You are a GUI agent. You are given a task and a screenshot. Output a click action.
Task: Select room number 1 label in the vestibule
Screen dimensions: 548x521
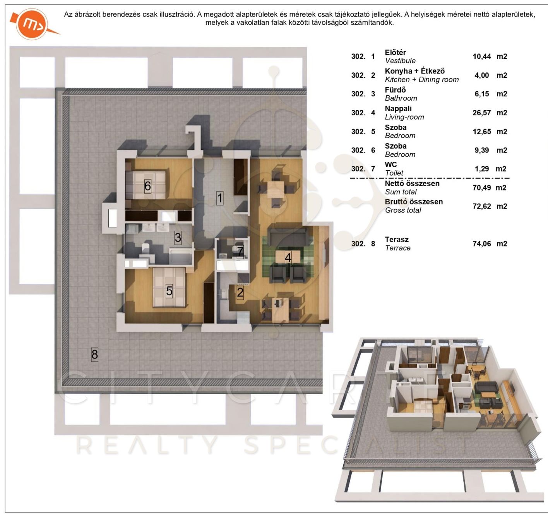(x=220, y=198)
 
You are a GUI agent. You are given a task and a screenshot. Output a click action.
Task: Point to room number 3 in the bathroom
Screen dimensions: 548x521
(x=178, y=238)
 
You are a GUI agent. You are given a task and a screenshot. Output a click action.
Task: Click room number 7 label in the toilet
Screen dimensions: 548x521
(x=240, y=252)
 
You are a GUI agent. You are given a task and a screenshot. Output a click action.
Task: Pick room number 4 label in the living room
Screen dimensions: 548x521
(x=288, y=257)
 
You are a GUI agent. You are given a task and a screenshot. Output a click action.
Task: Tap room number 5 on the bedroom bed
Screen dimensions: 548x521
(x=169, y=291)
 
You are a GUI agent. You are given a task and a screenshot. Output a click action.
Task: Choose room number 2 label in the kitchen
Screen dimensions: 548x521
(x=240, y=292)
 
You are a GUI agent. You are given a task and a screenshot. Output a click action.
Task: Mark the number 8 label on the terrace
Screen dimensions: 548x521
(x=95, y=355)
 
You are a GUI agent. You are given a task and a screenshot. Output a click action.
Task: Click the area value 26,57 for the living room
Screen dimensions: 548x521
(x=482, y=113)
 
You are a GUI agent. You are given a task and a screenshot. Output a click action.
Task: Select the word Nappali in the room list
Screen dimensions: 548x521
(x=398, y=108)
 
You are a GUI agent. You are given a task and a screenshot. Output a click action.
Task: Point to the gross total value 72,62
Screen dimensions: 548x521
(x=482, y=206)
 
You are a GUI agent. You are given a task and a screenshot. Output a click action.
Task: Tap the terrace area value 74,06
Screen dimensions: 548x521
(x=482, y=244)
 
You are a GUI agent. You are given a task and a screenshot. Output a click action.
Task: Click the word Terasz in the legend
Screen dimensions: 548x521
(x=397, y=240)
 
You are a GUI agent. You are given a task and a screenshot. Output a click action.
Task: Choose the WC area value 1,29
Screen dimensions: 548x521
(x=482, y=169)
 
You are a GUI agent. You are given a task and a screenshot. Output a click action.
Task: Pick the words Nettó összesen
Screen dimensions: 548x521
(x=412, y=183)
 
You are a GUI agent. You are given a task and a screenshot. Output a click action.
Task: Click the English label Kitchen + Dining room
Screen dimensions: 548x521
(x=422, y=79)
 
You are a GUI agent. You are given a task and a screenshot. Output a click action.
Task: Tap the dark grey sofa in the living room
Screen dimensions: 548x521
(x=287, y=233)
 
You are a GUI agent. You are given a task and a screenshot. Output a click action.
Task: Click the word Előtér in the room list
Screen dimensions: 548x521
(x=395, y=52)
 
